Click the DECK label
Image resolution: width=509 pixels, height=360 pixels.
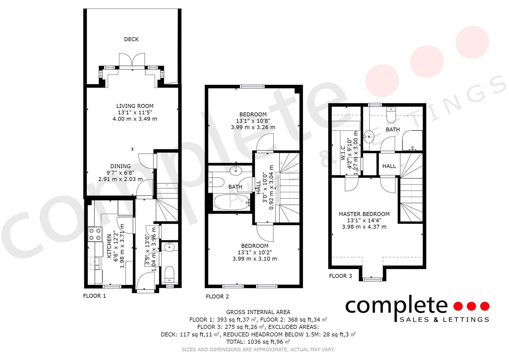tap(131, 39)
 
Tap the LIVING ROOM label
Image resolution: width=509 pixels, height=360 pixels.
tap(135, 106)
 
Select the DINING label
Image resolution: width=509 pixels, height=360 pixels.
tap(120, 166)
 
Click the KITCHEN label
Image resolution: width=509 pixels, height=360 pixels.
tap(109, 246)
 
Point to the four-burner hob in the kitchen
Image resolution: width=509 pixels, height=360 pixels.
tap(95, 234)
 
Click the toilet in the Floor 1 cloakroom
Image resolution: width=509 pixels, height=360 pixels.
tap(169, 273)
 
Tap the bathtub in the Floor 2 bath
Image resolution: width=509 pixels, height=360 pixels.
tap(231, 202)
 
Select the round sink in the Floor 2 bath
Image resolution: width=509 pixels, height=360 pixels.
tap(236, 171)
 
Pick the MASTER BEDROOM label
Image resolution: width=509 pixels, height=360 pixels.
tap(364, 214)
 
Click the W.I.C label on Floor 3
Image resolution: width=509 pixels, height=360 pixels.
tap(343, 153)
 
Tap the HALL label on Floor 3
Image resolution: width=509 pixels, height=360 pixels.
tap(389, 166)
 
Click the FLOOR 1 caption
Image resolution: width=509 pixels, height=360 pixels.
tap(94, 296)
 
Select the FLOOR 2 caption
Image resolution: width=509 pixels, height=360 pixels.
tap(217, 297)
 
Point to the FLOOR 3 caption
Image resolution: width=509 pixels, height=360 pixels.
tap(340, 276)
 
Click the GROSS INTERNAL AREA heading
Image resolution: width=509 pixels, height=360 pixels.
tap(258, 312)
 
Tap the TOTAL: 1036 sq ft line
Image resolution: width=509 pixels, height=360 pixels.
tap(258, 342)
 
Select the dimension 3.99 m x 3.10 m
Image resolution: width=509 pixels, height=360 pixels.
tap(255, 259)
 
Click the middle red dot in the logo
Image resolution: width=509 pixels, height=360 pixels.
tap(471, 306)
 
